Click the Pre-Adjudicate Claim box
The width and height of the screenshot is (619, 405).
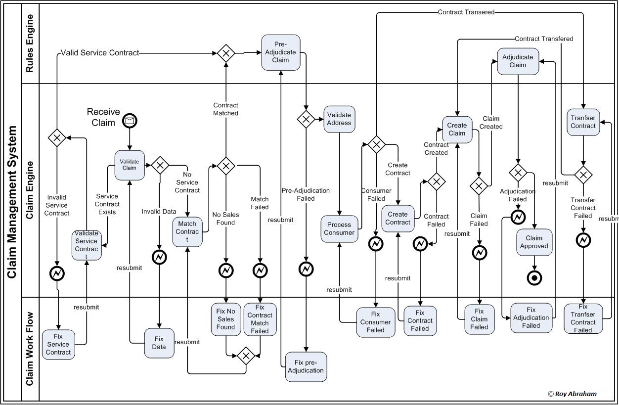click(281, 52)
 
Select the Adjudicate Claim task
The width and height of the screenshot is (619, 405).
click(518, 61)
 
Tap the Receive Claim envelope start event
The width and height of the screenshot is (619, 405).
click(130, 121)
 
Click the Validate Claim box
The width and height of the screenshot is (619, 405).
click(130, 165)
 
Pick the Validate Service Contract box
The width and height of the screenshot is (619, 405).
click(87, 245)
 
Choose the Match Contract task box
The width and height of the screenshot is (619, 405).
click(187, 231)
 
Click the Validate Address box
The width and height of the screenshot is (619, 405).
click(339, 119)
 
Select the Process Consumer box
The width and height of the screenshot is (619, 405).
click(339, 228)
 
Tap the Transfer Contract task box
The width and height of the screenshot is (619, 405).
click(583, 122)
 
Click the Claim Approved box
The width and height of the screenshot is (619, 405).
click(534, 242)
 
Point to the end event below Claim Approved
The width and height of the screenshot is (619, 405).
click(534, 278)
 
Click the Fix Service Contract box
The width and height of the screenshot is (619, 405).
click(58, 344)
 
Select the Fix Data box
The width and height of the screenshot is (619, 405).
click(159, 343)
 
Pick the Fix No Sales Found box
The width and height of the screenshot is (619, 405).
click(225, 319)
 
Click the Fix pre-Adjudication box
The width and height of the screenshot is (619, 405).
click(306, 366)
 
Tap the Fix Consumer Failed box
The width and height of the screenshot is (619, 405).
click(376, 322)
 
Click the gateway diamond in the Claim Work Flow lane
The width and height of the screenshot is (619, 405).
click(246, 356)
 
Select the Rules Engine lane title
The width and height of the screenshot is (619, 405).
click(30, 44)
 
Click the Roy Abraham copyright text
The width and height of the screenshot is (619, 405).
click(572, 394)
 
